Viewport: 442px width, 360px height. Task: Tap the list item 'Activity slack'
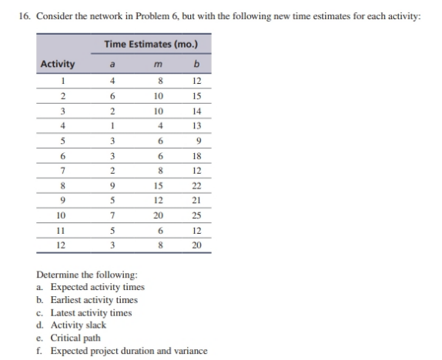78,325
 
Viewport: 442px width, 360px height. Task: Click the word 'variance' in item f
189,351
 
